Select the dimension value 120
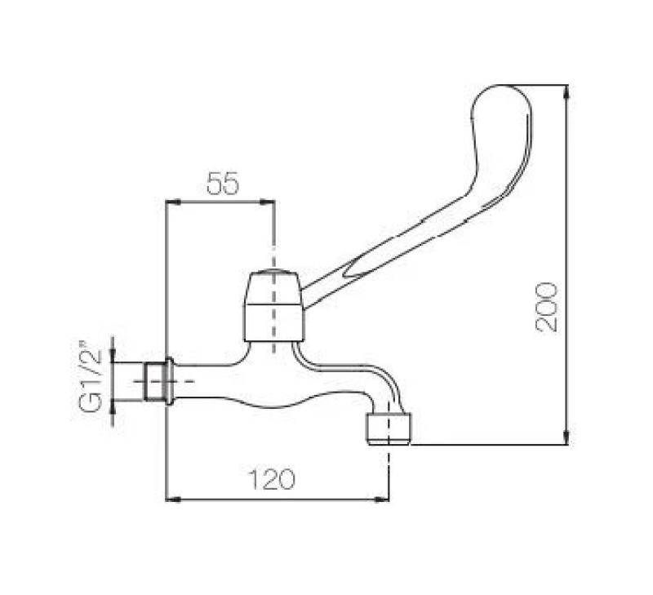(271, 480)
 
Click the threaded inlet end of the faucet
(152, 381)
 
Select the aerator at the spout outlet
(389, 428)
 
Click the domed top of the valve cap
(274, 274)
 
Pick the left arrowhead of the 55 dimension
(171, 201)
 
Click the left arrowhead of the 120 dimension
(171, 498)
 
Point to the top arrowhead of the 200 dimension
(566, 90)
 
